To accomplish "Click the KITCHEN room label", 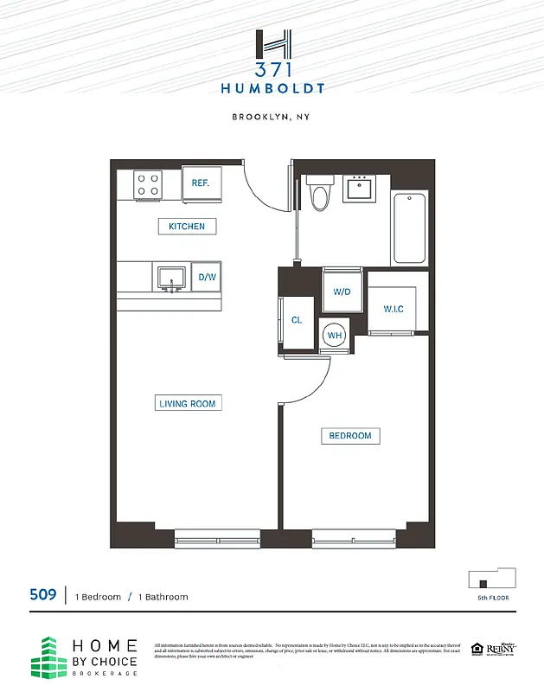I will (187, 227).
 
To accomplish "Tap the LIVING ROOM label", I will (187, 403).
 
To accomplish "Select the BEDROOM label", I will (350, 436).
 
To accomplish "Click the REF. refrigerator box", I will (202, 183).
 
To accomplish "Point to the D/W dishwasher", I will (207, 278).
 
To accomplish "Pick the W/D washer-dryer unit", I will (342, 292).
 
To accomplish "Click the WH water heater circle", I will (334, 336).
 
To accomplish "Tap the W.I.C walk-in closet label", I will (394, 310).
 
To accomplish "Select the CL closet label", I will (297, 320).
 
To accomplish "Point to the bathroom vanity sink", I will (357, 189).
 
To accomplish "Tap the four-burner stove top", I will (148, 184).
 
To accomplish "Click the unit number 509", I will (43, 595).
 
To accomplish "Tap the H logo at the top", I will (272, 44).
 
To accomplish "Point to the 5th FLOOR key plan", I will (491, 579).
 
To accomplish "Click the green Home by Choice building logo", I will (49, 658).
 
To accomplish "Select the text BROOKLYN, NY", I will (272, 118).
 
